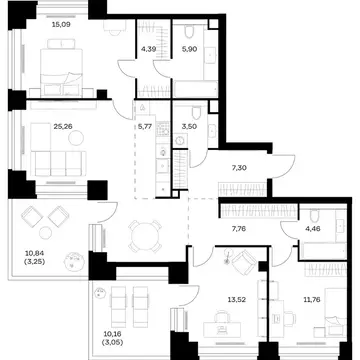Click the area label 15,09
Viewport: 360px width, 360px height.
click(x=61, y=24)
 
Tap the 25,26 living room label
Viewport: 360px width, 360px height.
click(x=63, y=126)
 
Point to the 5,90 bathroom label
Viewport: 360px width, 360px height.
click(x=190, y=49)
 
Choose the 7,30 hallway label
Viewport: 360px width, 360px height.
click(x=239, y=168)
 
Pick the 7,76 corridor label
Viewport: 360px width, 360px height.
click(x=239, y=229)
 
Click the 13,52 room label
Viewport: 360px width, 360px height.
click(x=236, y=300)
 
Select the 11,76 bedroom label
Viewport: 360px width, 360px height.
click(x=311, y=300)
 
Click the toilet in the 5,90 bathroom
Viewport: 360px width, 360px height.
click(x=189, y=31)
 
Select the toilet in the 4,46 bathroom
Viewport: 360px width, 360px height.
click(x=315, y=215)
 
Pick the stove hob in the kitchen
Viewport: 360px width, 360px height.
click(x=163, y=129)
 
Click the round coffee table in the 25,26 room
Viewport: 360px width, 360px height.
click(x=76, y=138)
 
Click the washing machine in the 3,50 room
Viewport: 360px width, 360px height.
click(x=180, y=141)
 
